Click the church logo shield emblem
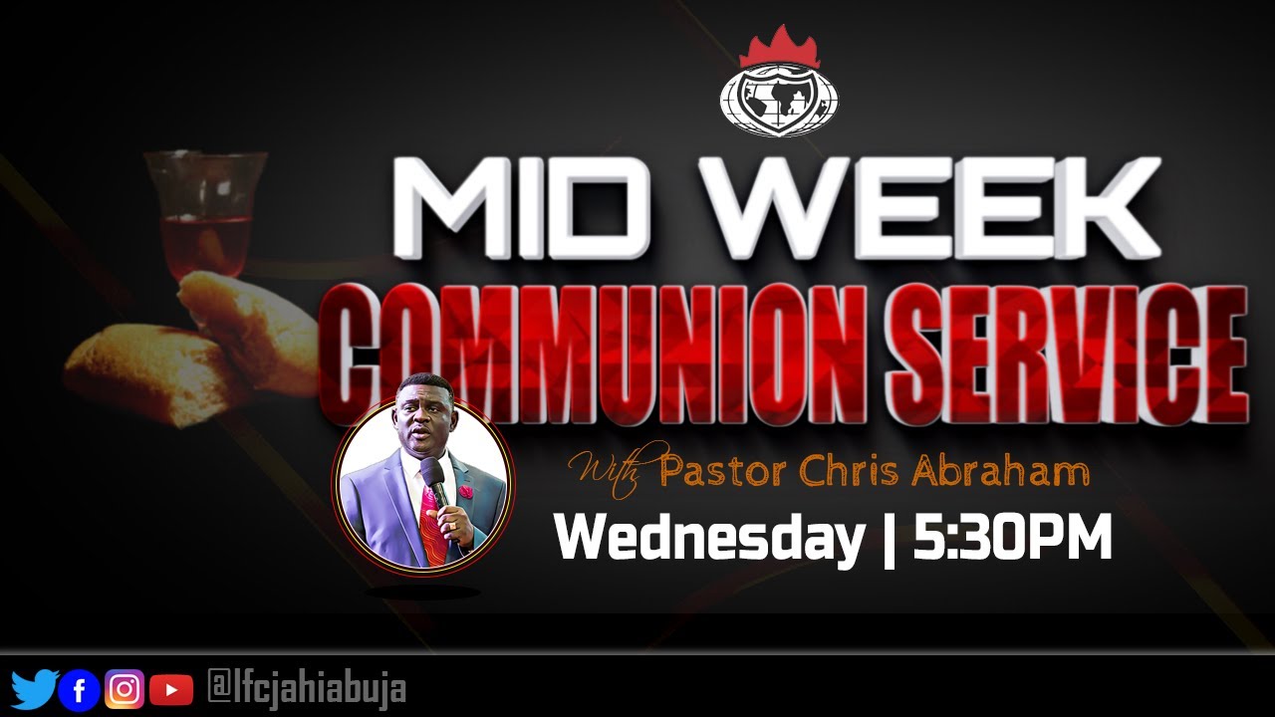pos(779,100)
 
